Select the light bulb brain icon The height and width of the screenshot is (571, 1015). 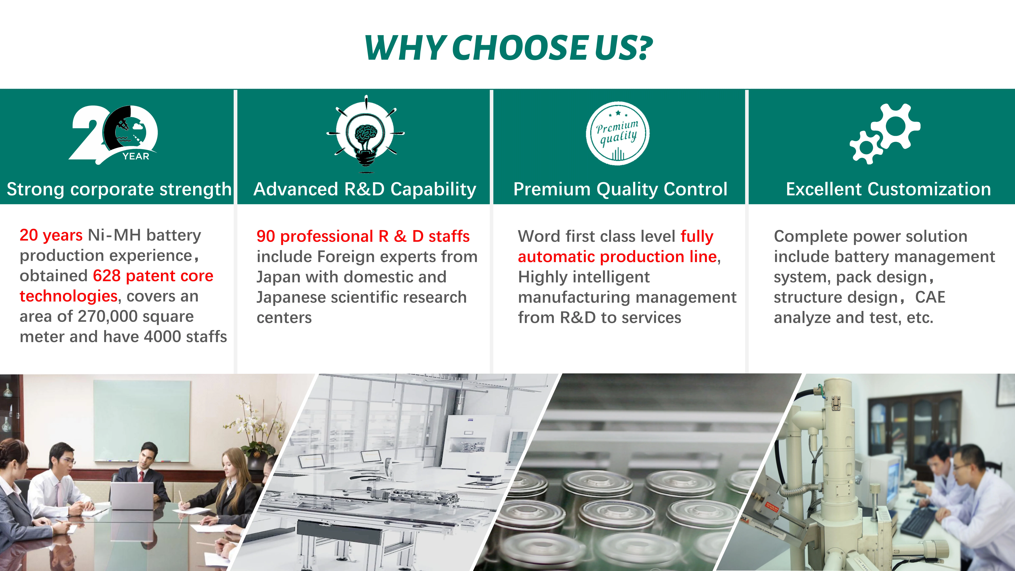coord(366,134)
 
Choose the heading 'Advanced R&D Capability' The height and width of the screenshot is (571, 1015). coord(365,189)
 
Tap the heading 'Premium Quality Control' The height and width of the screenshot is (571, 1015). coord(620,189)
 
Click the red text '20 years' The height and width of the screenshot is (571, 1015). coord(51,235)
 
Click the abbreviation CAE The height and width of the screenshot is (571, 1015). coord(930,297)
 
